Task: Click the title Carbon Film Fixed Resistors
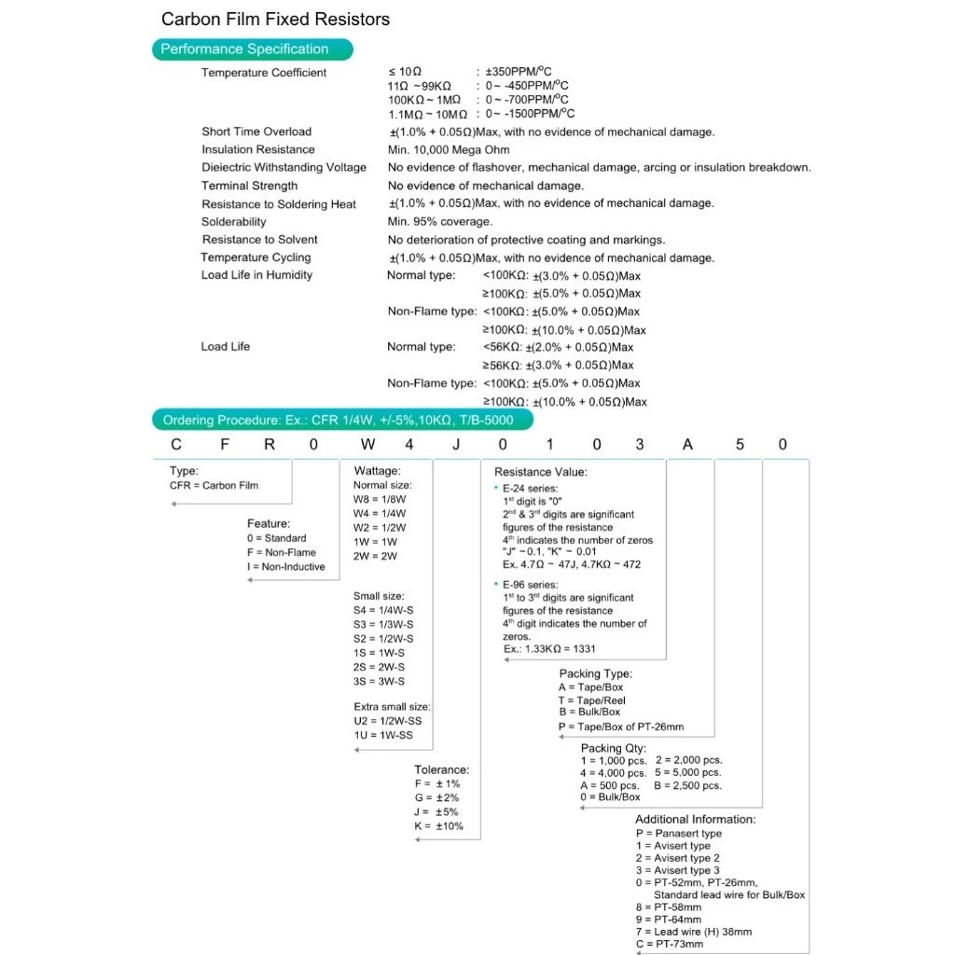click(x=275, y=19)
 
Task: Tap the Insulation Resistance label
click(x=257, y=149)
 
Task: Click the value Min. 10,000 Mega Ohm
click(x=449, y=149)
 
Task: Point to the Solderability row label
click(x=233, y=222)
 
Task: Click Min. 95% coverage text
click(x=439, y=222)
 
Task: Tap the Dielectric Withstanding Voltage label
click(x=284, y=168)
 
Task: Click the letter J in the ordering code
click(x=456, y=445)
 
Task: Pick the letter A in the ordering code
click(x=687, y=445)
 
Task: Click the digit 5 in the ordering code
click(x=739, y=445)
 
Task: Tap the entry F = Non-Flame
click(x=281, y=552)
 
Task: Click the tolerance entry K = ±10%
click(x=438, y=826)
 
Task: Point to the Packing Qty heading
click(x=613, y=748)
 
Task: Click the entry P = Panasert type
click(x=678, y=833)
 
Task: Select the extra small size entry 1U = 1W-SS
click(x=382, y=735)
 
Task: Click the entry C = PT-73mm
click(x=669, y=944)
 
